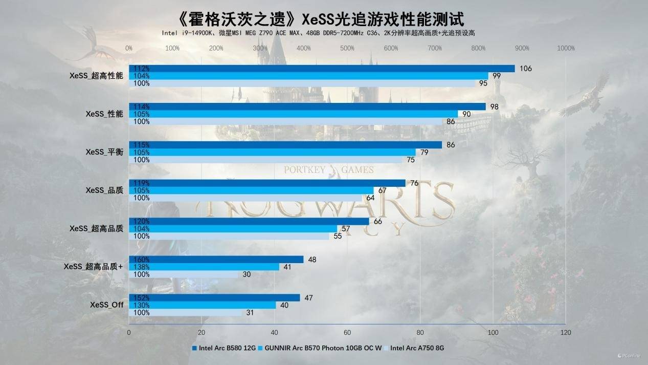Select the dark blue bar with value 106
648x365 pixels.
click(x=322, y=69)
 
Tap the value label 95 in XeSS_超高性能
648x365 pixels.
click(x=483, y=83)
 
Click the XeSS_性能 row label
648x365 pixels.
click(x=104, y=114)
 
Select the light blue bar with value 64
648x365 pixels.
click(x=245, y=198)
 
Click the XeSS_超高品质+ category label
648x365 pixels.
click(x=93, y=266)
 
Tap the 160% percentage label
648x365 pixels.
click(x=140, y=260)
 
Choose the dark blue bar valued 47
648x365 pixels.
click(x=214, y=297)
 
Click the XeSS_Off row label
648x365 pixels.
click(x=107, y=305)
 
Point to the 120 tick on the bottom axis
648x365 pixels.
click(x=565, y=332)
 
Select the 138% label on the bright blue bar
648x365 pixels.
click(x=140, y=267)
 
